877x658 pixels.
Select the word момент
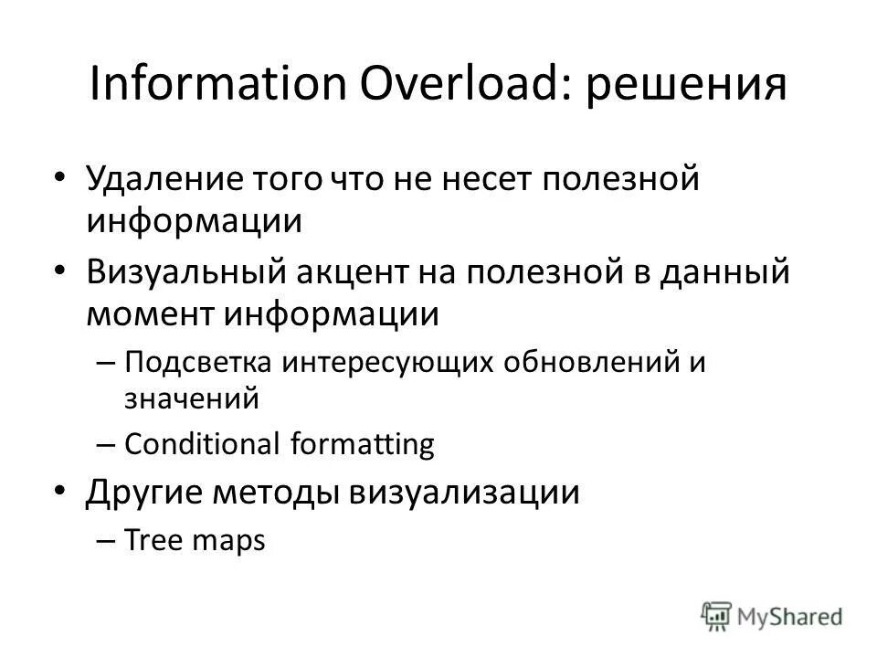pos(148,314)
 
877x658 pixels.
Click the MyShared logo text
pos(792,615)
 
